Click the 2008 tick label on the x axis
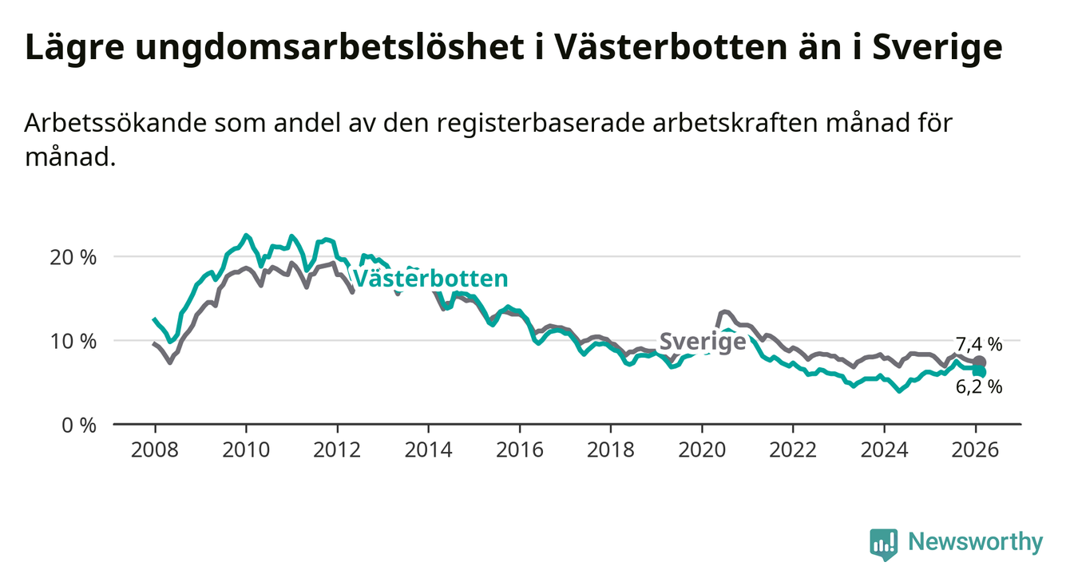tap(154, 449)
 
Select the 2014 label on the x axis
tap(428, 449)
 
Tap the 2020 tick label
tap(701, 449)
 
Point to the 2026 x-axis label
tap(975, 449)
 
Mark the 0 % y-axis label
tap(78, 425)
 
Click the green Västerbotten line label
tap(430, 279)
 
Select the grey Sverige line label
tap(702, 342)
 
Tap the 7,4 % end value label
tap(978, 345)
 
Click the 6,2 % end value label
tap(978, 387)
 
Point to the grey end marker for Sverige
tap(979, 362)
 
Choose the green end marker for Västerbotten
tap(979, 372)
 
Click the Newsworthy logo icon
tap(883, 544)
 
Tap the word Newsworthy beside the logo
tap(976, 543)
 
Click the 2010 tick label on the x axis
tap(245, 449)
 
